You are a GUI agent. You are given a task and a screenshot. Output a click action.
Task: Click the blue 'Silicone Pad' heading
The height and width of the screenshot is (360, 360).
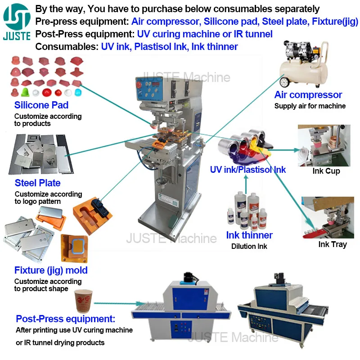coord(41,105)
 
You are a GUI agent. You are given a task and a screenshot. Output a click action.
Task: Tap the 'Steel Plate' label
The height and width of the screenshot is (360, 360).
coord(37,183)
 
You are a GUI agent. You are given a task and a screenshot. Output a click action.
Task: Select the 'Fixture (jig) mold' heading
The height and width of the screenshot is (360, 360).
coord(51,270)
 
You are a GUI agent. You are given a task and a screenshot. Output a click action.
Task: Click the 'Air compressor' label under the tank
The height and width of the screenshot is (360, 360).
coord(308,95)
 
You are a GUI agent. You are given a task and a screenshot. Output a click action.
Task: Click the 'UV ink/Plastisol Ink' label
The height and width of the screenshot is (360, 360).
coord(248,170)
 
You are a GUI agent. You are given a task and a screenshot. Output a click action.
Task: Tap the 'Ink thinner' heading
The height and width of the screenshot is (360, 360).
coord(249,235)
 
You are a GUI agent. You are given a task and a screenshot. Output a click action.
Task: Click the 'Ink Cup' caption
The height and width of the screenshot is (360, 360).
coord(326,171)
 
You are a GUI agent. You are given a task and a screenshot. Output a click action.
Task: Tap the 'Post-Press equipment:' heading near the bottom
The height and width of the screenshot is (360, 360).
coord(66,319)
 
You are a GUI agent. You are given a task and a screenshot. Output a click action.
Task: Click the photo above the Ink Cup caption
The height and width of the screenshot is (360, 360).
coord(324,145)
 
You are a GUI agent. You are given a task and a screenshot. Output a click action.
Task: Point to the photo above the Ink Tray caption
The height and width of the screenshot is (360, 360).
coord(327,218)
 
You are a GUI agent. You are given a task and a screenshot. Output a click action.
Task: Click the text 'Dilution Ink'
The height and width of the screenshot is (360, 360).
coord(249,246)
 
